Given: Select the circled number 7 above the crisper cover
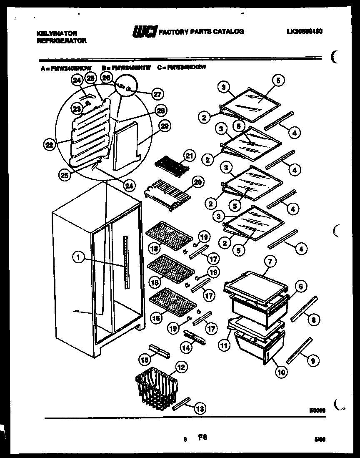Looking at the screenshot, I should click(x=270, y=262).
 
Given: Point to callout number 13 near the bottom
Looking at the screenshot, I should click(x=200, y=409).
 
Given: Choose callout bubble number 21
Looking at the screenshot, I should click(x=190, y=156).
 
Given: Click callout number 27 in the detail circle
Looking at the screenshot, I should click(x=157, y=94).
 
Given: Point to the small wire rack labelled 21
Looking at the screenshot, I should click(x=171, y=163).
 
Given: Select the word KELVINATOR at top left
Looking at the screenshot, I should click(x=51, y=32).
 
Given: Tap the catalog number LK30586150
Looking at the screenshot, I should click(x=305, y=31).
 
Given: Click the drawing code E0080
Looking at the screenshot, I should click(x=317, y=410).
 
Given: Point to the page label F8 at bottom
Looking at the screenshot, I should click(x=202, y=438).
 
